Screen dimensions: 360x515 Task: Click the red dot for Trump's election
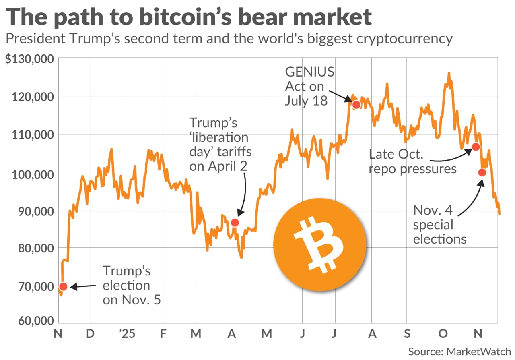[63, 286]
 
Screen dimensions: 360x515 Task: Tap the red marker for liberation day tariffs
[235, 222]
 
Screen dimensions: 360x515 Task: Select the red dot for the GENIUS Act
[356, 105]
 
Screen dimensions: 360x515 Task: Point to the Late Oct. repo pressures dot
[476, 147]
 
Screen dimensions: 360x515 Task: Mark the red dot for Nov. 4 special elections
[482, 172]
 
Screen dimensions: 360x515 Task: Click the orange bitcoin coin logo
[319, 244]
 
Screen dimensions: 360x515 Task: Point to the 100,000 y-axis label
[32, 174]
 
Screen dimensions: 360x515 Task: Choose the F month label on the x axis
[163, 334]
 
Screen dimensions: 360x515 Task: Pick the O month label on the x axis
[443, 334]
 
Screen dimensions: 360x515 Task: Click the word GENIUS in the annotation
[309, 72]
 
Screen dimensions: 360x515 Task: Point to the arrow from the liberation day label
[243, 193]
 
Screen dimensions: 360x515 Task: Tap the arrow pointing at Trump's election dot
[84, 286]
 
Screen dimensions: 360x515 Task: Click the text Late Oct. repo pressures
[412, 161]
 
